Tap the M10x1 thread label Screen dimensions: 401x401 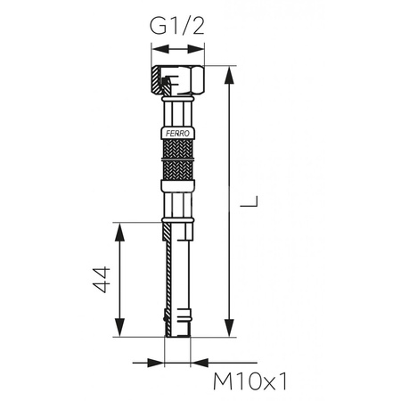(x=253, y=382)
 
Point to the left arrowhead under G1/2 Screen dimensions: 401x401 (x=157, y=50)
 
